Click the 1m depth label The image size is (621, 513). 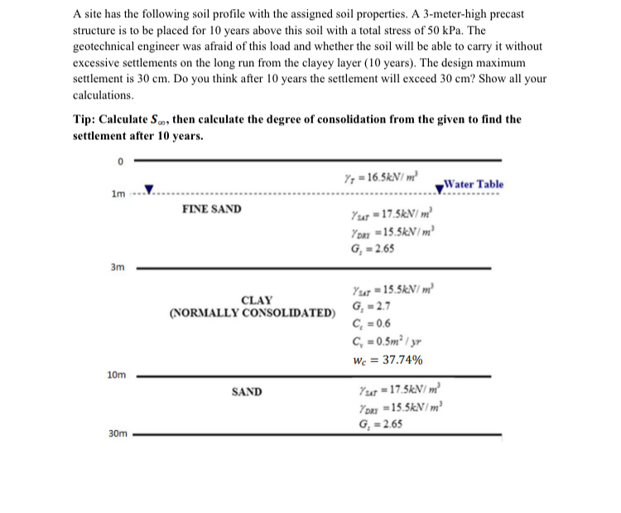(118, 194)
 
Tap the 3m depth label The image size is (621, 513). (118, 268)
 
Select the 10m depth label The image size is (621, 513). (117, 375)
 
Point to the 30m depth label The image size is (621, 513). (117, 433)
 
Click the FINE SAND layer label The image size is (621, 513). (212, 209)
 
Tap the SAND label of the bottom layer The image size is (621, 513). (247, 391)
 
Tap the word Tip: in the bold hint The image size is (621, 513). (88, 119)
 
